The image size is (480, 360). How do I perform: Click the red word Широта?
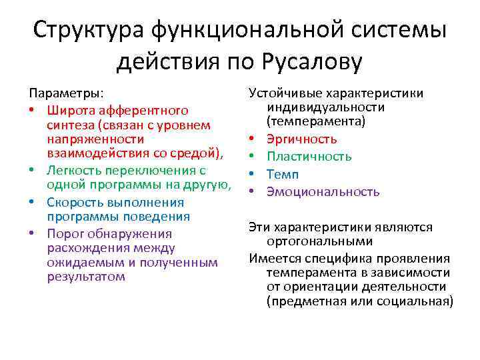point(69,110)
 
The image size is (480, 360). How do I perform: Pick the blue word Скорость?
point(75,202)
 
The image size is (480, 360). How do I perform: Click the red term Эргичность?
point(302,139)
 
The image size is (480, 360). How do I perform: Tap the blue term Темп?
point(283,174)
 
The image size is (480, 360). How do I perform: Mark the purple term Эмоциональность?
point(323,191)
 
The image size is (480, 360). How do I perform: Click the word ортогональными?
point(310,241)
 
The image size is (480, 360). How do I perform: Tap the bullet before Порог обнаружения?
point(33,233)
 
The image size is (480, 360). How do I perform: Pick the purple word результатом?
point(86,277)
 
